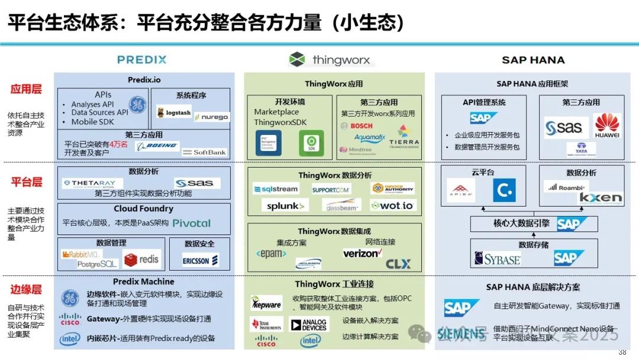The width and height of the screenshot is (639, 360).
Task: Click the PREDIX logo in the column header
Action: pos(141,60)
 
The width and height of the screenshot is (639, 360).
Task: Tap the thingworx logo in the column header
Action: pos(330,60)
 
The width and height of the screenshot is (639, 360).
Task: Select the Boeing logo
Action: pos(157,146)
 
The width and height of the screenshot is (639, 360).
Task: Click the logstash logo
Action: pos(175,112)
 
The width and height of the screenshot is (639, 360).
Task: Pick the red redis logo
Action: pos(141,259)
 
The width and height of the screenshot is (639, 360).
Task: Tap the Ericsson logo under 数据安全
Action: pos(200,259)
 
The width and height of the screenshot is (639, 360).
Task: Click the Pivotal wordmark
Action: pos(192,223)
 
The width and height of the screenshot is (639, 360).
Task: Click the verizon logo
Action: pos(362,253)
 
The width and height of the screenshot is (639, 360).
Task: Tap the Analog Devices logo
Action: pos(308,324)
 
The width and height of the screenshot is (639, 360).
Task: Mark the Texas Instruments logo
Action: pos(266,324)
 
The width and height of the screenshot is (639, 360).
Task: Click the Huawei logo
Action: pos(607,126)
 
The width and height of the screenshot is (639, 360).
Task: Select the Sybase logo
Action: pos(498,259)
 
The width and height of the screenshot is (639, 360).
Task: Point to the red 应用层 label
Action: pos(26,89)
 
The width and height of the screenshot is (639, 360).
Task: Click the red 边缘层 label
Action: pos(26,290)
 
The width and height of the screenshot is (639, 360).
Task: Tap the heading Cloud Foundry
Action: pos(144,209)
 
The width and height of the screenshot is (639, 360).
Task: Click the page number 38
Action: pos(622,352)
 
